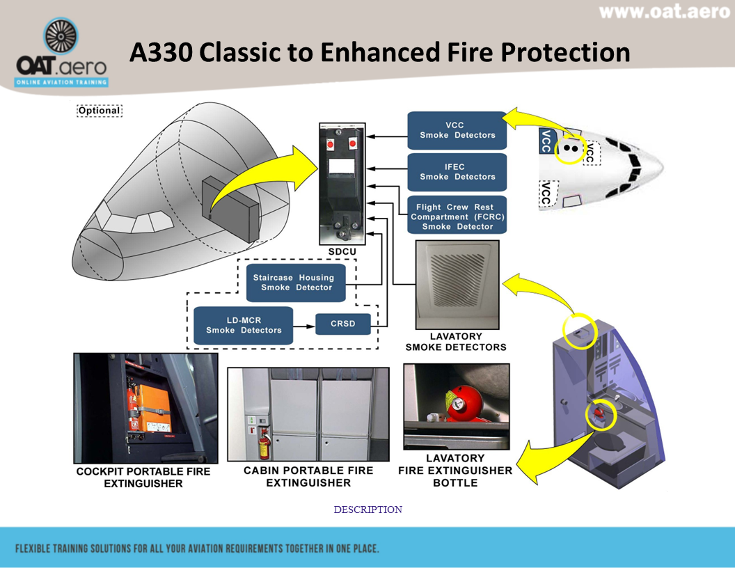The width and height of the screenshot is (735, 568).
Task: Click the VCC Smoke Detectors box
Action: (x=457, y=130)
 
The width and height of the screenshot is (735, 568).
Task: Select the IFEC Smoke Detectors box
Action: (x=457, y=172)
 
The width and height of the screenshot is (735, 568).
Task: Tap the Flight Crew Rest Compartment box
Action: (x=457, y=216)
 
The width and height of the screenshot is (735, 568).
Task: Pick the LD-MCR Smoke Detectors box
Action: (x=243, y=325)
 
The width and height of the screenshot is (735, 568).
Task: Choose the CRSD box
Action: (x=343, y=324)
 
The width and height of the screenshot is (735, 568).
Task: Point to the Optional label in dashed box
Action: (x=99, y=110)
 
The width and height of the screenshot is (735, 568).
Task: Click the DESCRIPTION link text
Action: (x=367, y=510)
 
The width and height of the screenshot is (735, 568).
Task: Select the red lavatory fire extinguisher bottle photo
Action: (x=457, y=406)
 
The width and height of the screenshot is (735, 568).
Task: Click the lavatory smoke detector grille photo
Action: (x=457, y=284)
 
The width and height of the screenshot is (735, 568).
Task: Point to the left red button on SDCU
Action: (x=331, y=144)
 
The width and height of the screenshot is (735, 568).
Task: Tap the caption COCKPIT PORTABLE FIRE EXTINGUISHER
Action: (x=143, y=477)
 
